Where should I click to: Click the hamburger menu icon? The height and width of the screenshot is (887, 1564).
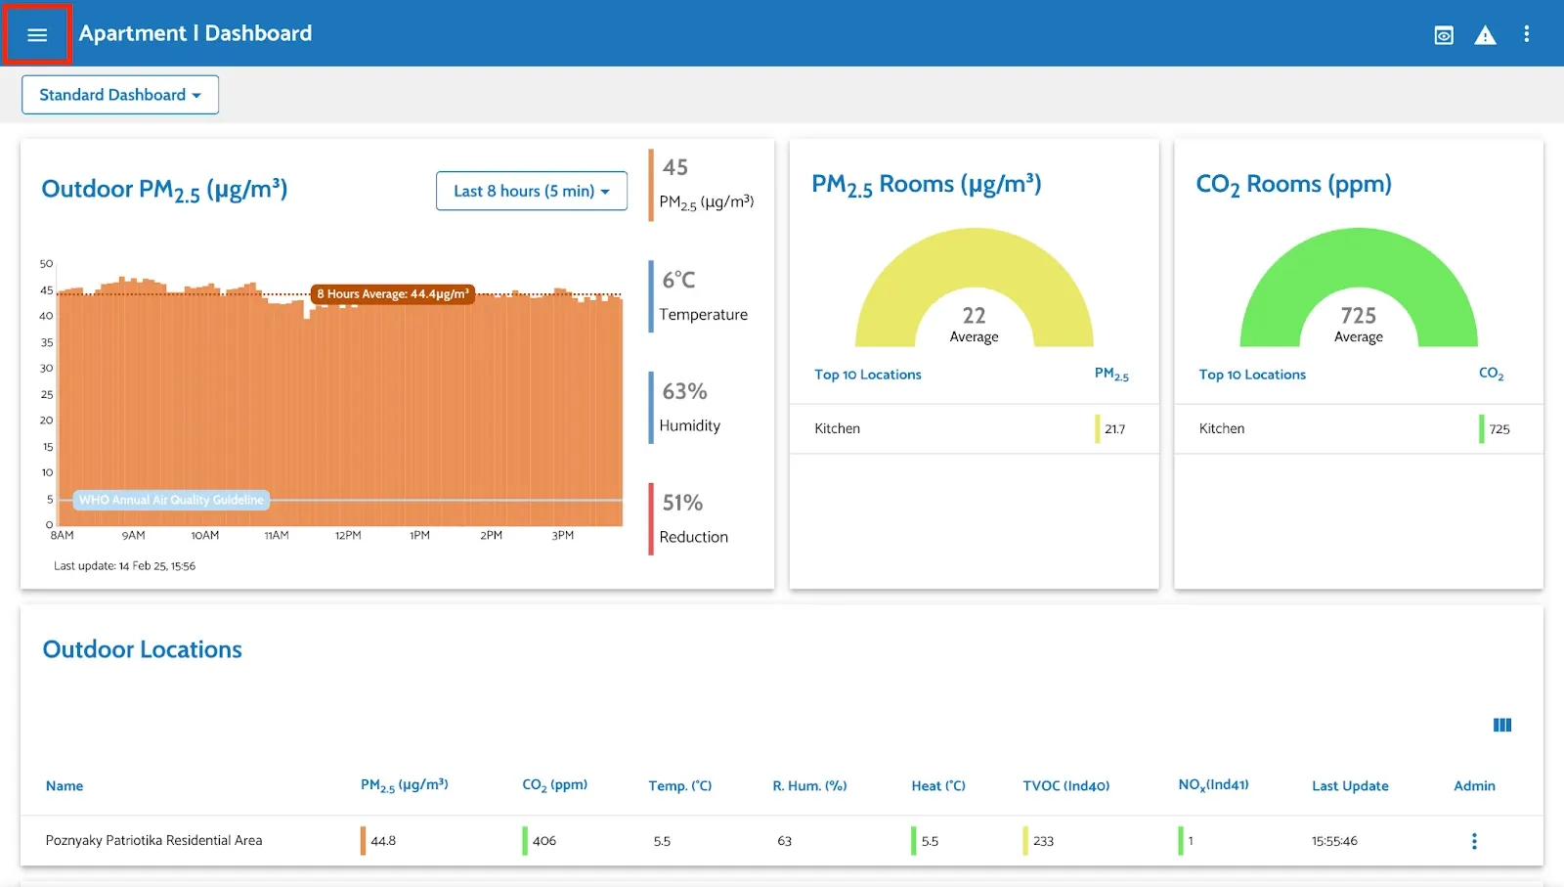coord(37,35)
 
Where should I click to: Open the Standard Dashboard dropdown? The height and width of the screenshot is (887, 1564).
coord(119,95)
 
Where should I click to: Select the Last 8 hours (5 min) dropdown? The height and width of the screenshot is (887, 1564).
coord(531,191)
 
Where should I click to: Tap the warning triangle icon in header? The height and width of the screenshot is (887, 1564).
coord(1485,35)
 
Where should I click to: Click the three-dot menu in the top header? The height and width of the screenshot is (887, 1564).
coord(1526,34)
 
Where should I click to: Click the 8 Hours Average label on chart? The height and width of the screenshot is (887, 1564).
coord(393,293)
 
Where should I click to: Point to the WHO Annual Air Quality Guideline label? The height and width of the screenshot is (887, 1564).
coord(171,500)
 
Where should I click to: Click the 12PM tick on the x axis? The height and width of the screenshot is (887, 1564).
coord(348,536)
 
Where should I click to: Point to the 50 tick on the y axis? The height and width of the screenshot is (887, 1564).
coord(46,264)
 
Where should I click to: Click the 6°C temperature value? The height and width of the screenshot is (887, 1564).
coord(679,281)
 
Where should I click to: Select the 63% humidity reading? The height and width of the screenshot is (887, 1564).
coord(684,391)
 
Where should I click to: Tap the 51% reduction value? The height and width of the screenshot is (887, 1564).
coord(682,503)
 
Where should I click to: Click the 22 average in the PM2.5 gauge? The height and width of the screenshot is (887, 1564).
coord(974,316)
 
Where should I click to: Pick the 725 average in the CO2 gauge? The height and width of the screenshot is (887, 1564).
coord(1358,316)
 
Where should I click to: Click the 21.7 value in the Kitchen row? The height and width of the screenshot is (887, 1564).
coord(1114,429)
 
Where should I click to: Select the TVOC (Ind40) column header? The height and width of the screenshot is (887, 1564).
coord(1065,785)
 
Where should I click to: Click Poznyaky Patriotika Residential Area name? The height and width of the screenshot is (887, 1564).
coord(153,840)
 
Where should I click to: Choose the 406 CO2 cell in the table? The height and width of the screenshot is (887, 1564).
coord(543,841)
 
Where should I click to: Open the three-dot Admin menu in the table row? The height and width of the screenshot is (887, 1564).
coord(1474,841)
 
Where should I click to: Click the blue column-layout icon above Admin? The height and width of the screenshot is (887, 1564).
coord(1502,725)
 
